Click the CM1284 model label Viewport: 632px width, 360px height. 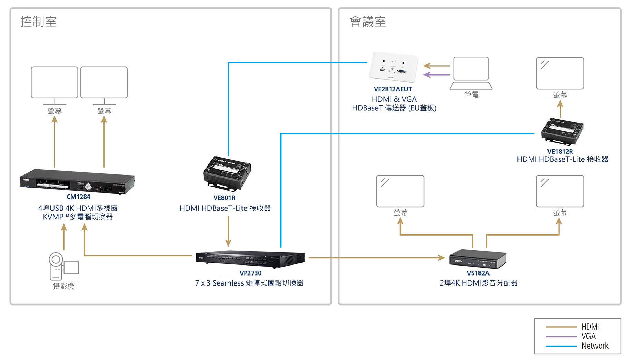point(78,197)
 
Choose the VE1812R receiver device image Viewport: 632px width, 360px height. point(562,131)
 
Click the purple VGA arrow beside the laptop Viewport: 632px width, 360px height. point(436,75)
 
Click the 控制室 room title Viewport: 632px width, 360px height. point(38,21)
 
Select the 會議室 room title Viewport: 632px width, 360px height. point(368,21)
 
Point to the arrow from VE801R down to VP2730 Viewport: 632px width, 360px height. point(228,231)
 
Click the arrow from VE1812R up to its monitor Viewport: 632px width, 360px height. point(560,109)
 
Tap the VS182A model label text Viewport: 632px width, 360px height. point(478,273)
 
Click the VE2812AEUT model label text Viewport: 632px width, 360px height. point(393,89)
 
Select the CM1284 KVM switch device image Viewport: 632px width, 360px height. point(77,181)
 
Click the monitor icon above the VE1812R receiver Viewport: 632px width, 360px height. point(560,73)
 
